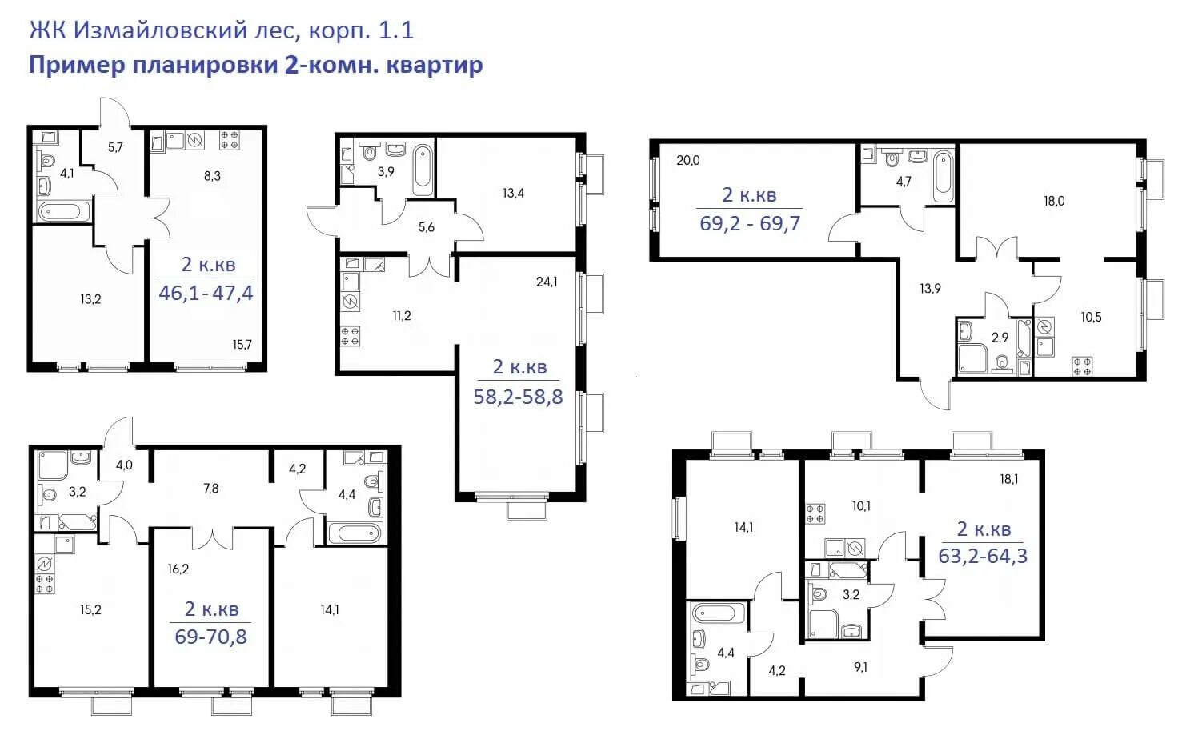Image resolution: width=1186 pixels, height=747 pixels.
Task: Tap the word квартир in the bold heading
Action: tap(435, 65)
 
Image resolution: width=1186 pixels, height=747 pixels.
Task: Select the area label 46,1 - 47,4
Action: tap(206, 293)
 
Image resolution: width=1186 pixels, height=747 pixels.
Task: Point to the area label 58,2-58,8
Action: tap(518, 397)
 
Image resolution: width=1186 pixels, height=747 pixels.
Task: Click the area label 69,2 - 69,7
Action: tap(750, 223)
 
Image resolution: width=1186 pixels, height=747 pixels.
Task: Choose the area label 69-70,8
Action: tap(210, 637)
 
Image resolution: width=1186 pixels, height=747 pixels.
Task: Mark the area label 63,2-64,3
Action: tap(983, 556)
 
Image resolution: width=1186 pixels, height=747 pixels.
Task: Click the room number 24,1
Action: tap(547, 282)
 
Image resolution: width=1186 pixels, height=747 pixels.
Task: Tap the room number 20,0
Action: tap(687, 160)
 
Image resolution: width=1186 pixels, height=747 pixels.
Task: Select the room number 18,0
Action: tap(1054, 201)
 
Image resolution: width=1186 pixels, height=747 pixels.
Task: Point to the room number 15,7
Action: tap(242, 345)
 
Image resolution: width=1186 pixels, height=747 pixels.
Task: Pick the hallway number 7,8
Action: tap(210, 489)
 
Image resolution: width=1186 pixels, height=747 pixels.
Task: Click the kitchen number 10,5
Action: tap(1091, 317)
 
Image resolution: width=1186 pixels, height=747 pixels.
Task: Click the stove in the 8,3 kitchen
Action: tap(230, 140)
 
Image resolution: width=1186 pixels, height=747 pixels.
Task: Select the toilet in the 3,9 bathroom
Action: tap(369, 153)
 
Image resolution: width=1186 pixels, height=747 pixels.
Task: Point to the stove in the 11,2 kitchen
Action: tap(350, 336)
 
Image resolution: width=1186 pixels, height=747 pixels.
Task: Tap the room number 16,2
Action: tap(178, 569)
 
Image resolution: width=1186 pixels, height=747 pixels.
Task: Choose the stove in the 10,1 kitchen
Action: tap(815, 513)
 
